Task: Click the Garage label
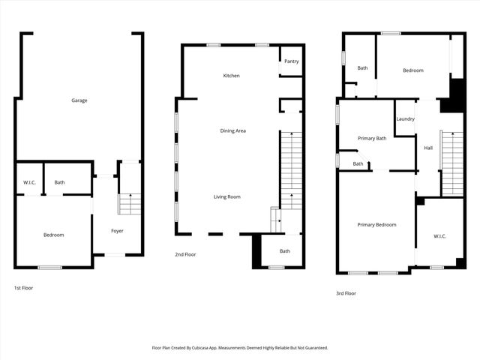click(x=79, y=100)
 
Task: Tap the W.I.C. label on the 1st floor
click(x=30, y=182)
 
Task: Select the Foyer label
click(x=118, y=231)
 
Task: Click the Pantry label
click(x=292, y=61)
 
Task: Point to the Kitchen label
click(x=231, y=76)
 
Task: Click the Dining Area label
click(x=232, y=131)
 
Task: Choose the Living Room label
click(x=226, y=196)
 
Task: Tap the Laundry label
click(x=406, y=118)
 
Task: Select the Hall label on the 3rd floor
click(x=428, y=148)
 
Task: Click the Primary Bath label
click(x=372, y=138)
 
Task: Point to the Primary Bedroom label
click(x=376, y=225)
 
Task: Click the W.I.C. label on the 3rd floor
click(x=439, y=237)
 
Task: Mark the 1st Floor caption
click(x=23, y=288)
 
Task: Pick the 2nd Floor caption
click(x=185, y=255)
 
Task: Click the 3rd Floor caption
click(x=346, y=293)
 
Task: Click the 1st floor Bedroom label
click(x=53, y=235)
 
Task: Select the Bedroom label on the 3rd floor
click(x=413, y=70)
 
